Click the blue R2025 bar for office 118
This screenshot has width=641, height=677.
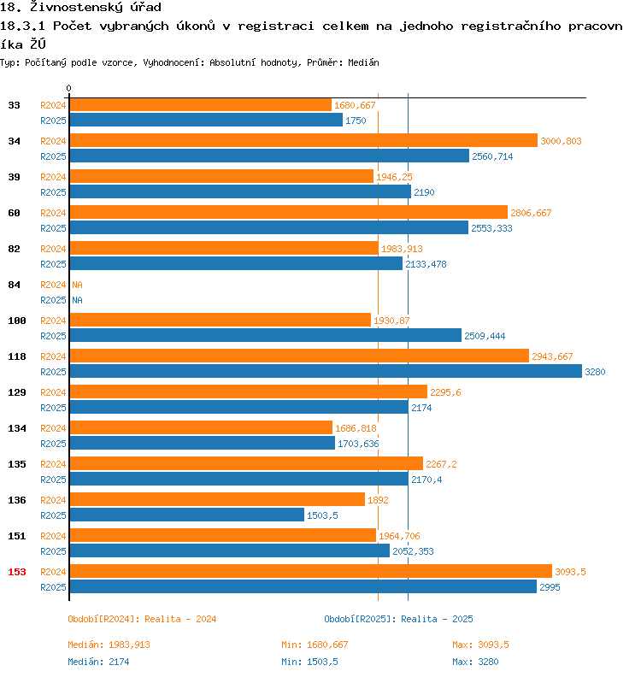[x=325, y=371]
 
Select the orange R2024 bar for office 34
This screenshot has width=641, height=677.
[x=303, y=140]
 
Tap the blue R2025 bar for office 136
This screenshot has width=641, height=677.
[x=186, y=515]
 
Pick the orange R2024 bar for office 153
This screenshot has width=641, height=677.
[x=310, y=571]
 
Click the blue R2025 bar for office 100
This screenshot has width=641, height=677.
[x=265, y=335]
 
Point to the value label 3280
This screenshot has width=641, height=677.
[x=595, y=372]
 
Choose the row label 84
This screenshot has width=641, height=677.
[x=15, y=285]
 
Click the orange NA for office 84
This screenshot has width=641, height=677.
[x=77, y=285]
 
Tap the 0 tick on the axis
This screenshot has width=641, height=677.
[x=69, y=88]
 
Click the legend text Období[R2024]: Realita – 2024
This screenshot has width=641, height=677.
[x=142, y=619]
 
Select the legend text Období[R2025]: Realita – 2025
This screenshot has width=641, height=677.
[x=398, y=619]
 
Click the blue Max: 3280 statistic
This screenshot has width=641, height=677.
[x=475, y=662]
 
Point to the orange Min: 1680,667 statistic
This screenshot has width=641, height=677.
[x=315, y=645]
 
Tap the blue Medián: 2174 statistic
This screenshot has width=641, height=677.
[x=98, y=662]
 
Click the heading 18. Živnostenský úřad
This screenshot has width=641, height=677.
[x=80, y=8]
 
